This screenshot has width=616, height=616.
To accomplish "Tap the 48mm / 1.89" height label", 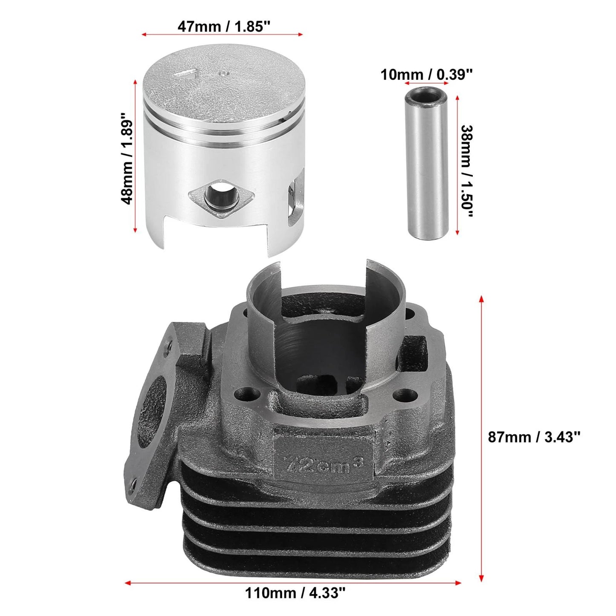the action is [x=126, y=158].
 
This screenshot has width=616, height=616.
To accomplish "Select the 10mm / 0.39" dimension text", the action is [x=426, y=75].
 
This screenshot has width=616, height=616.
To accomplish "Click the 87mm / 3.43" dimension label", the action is [x=534, y=437].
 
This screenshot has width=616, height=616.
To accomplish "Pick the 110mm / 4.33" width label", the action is [x=295, y=584].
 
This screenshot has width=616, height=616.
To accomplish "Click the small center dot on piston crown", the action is [x=223, y=73].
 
